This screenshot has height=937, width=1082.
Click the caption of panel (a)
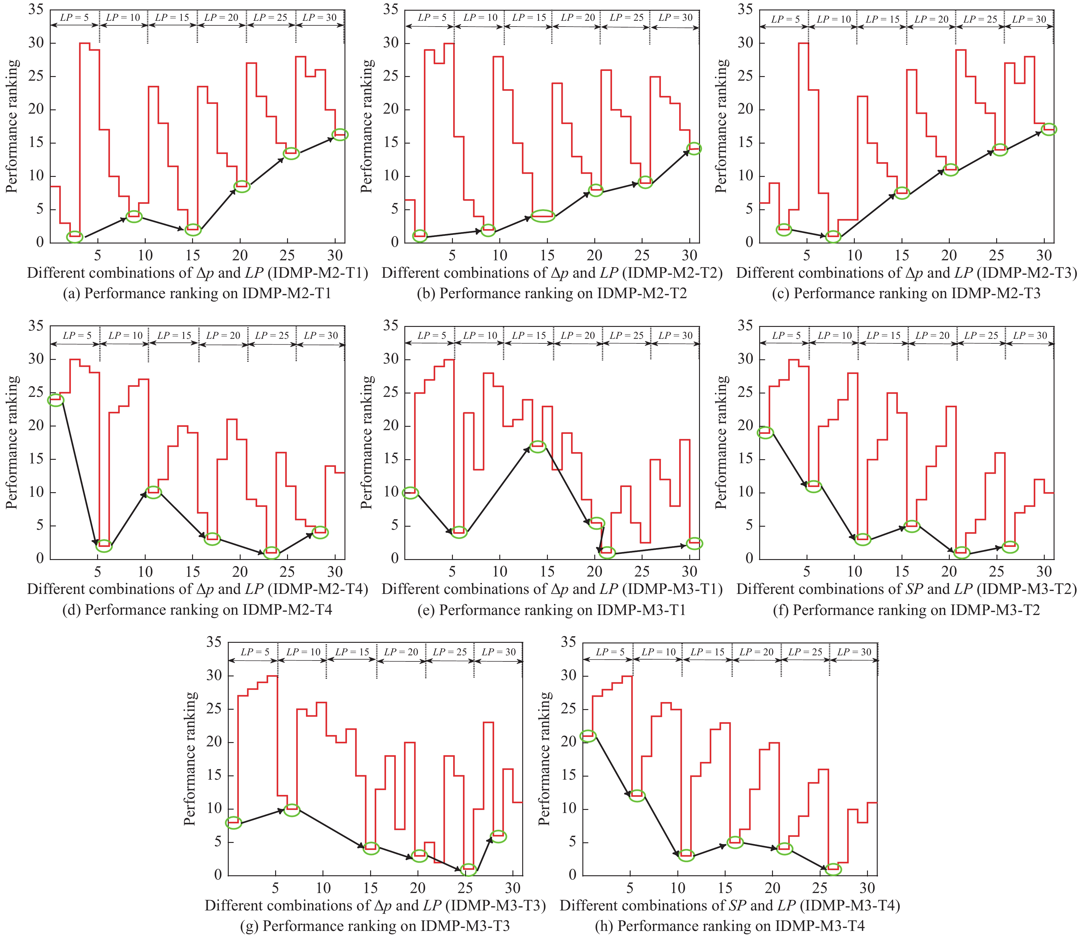[197, 293]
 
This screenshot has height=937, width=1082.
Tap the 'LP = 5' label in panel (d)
[77, 335]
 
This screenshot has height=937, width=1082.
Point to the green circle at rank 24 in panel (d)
[55, 400]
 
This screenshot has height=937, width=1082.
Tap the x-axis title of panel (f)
[906, 589]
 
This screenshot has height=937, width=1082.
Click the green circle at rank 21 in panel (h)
[588, 736]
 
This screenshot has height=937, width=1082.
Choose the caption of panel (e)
[552, 610]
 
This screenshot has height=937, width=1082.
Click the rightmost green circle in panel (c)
[1048, 129]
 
